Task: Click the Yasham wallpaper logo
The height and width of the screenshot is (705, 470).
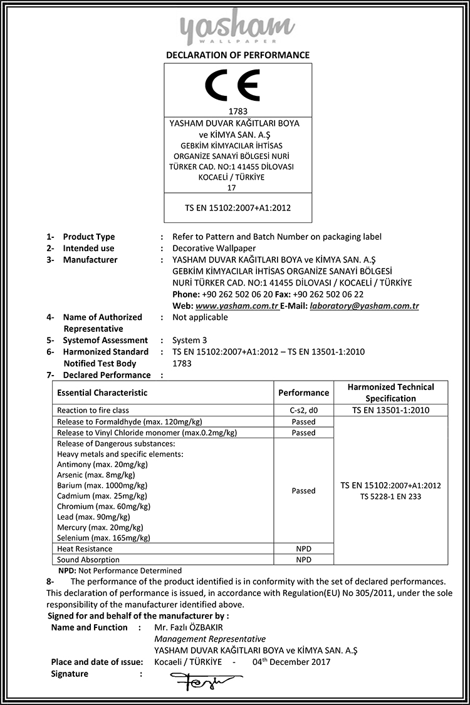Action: (x=238, y=26)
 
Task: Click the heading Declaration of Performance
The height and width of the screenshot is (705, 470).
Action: (x=238, y=55)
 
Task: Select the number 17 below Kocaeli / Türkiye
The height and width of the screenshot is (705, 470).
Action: (x=232, y=187)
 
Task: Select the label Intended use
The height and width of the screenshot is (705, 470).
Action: (x=88, y=249)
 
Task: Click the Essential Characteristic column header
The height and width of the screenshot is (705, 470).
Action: (x=102, y=393)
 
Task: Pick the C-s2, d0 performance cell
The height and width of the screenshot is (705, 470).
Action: (x=303, y=411)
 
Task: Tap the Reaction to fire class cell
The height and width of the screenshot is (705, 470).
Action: (x=93, y=411)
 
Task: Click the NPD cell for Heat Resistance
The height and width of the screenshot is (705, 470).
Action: (x=303, y=548)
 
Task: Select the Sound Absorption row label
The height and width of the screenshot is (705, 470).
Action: (x=88, y=560)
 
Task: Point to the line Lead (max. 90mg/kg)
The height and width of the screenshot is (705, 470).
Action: (x=93, y=517)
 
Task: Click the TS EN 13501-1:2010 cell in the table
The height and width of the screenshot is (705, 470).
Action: (x=391, y=411)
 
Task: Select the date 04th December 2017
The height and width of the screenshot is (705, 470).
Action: (x=291, y=662)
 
